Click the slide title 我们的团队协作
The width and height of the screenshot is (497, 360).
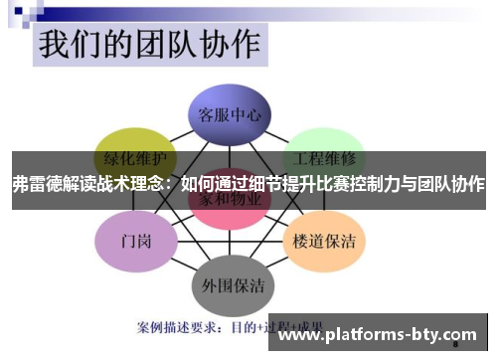pos(148,45)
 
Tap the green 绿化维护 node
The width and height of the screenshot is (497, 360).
pos(135,157)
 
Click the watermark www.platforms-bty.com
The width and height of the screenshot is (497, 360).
pos(377,335)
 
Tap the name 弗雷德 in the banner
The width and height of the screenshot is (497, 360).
pos(36,184)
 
